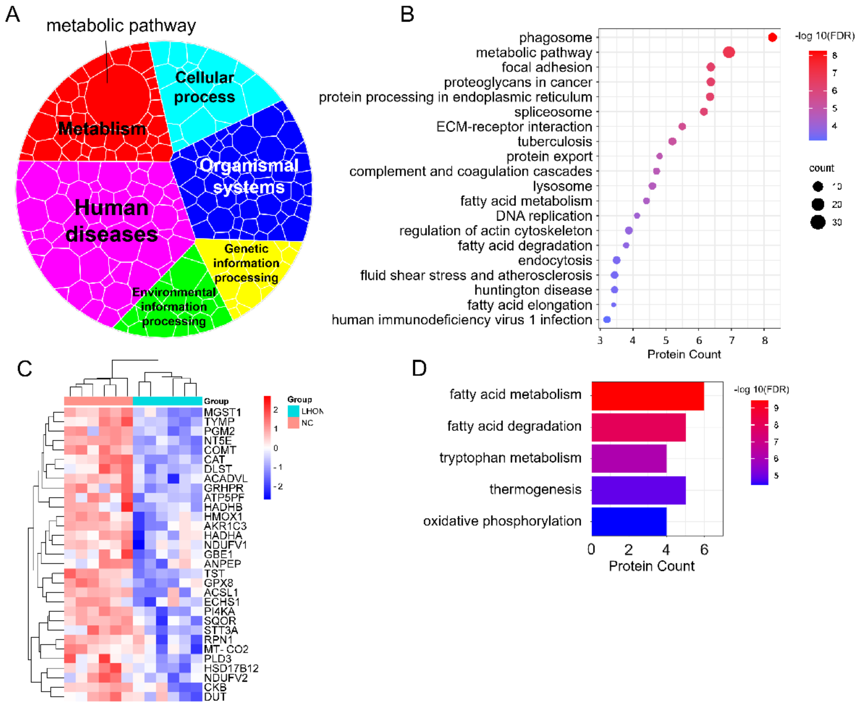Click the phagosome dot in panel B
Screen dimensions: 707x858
(x=772, y=37)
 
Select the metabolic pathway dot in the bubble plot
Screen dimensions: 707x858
(x=729, y=52)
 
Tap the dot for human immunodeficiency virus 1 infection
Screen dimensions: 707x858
(x=607, y=320)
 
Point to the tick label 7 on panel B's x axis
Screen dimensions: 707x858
(x=732, y=340)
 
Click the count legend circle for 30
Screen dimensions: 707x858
(x=817, y=222)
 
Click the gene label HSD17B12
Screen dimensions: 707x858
(x=231, y=668)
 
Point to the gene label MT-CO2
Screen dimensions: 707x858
(x=226, y=649)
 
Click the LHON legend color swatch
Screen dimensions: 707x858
(x=293, y=411)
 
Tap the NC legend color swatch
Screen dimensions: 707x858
(x=293, y=423)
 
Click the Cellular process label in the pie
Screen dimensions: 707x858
(x=204, y=87)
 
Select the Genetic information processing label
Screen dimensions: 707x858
(x=246, y=263)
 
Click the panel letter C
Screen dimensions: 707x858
(x=24, y=369)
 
